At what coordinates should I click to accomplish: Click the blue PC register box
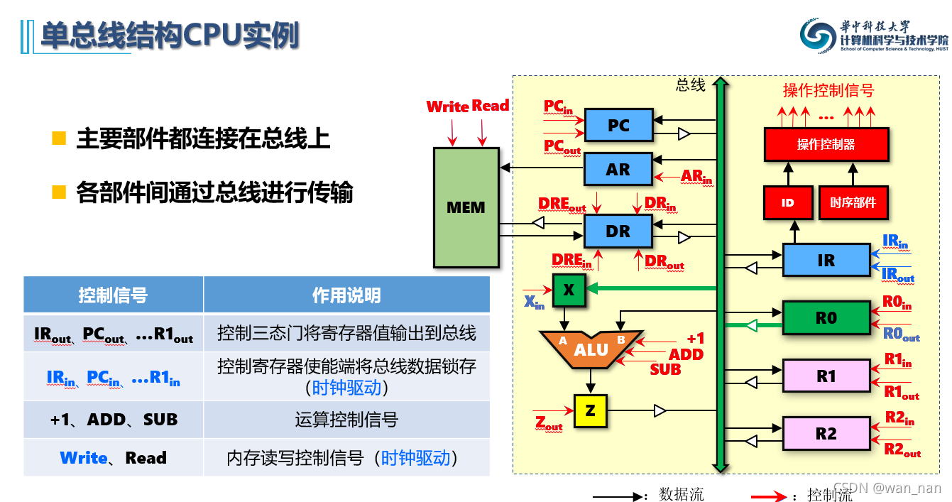coord(618,126)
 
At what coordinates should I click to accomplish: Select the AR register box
coord(618,170)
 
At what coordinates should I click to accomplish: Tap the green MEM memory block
coord(466,207)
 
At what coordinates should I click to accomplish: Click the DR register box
coord(618,231)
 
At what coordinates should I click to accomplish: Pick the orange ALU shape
coord(591,349)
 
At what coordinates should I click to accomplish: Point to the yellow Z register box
coord(591,410)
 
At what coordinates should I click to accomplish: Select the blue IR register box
coord(826,260)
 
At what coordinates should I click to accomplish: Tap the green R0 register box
coord(826,318)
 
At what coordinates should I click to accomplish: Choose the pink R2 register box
coord(826,433)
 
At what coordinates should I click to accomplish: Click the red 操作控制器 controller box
coord(826,144)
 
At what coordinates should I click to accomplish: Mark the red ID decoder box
coord(787,202)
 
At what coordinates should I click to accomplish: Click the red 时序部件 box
coord(853,202)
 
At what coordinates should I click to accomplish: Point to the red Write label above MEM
coord(447,107)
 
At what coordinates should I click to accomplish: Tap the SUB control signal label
coord(665,369)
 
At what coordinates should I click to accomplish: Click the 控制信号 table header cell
coord(113,295)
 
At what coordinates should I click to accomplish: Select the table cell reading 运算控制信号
coord(346,420)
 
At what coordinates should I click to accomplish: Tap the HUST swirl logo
coord(818,36)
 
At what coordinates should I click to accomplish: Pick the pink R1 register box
coord(826,376)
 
